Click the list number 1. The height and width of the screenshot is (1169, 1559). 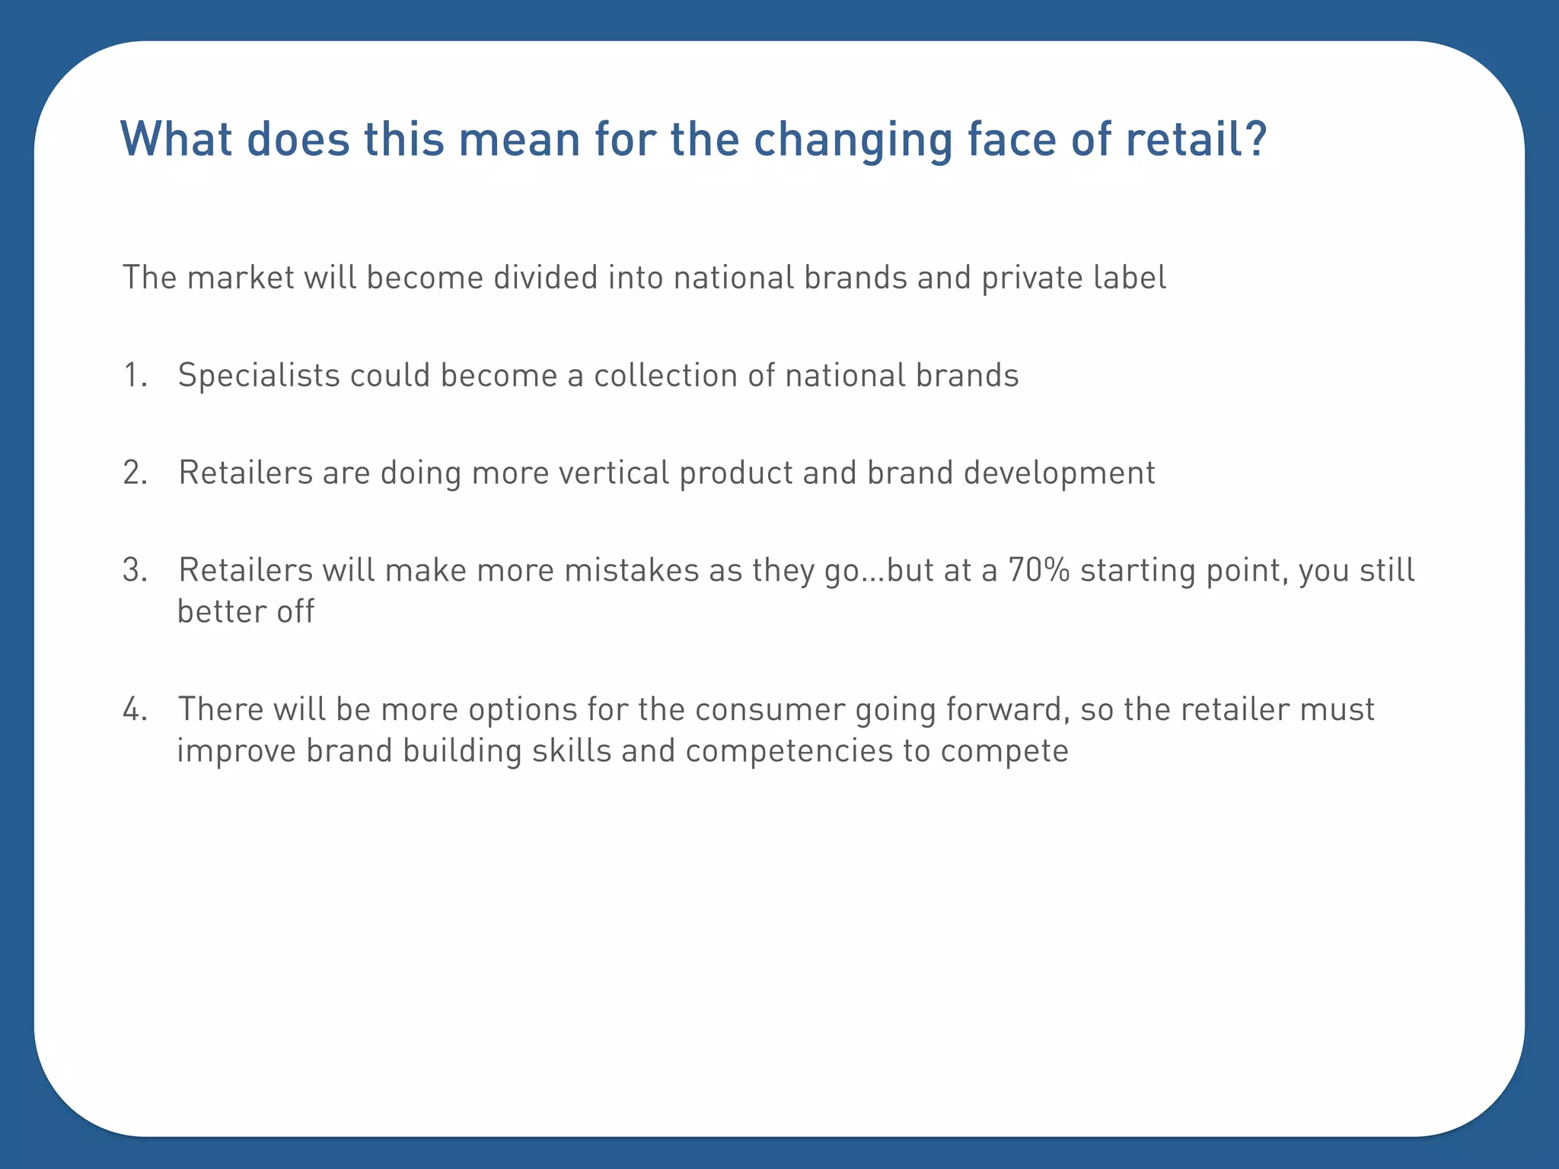point(133,376)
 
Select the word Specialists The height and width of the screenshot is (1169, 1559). point(259,376)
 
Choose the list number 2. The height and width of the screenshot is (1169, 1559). point(134,473)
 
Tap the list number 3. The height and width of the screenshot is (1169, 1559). point(134,571)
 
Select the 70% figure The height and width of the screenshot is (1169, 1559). point(1039,571)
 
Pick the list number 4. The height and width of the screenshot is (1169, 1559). point(134,710)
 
